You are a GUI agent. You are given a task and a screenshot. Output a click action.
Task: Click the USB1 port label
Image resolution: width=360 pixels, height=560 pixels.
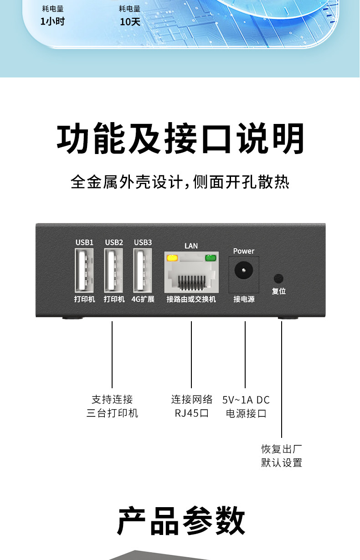click(84, 242)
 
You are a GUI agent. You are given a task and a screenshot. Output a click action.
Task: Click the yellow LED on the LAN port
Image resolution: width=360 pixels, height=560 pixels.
click(172, 258)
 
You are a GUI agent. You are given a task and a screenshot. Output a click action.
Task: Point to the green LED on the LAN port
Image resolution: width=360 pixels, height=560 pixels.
click(211, 258)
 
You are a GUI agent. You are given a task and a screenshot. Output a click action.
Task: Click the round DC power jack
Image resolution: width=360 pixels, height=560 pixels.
click(244, 271)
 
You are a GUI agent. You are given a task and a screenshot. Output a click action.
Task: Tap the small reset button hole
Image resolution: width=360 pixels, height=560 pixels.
click(278, 278)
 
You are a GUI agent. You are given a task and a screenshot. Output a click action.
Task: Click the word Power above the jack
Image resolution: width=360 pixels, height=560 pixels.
click(244, 251)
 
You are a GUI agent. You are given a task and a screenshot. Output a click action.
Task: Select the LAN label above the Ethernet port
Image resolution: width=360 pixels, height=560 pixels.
click(191, 246)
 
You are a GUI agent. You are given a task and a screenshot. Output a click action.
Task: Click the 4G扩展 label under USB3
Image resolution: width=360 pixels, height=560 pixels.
click(143, 299)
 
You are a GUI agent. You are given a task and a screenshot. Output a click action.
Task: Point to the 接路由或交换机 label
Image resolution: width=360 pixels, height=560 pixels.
click(191, 299)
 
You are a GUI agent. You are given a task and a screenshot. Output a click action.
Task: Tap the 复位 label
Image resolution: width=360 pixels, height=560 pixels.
click(278, 291)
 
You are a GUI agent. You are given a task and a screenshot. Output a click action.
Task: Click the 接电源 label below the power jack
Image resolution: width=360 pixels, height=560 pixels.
click(244, 299)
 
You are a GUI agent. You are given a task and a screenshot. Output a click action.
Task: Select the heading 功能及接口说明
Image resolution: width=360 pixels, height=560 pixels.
click(180, 139)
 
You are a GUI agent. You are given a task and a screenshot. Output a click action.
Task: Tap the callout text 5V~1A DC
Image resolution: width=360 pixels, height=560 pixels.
click(246, 400)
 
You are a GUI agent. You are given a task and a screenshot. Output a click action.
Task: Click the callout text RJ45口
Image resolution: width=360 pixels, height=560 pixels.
click(191, 414)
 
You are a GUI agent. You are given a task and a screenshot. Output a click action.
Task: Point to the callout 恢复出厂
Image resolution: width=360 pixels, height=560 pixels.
click(282, 449)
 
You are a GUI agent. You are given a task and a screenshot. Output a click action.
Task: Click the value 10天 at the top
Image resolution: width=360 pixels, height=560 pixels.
click(130, 22)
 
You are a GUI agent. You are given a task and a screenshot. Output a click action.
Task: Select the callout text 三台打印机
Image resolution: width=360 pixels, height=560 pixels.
click(112, 414)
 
